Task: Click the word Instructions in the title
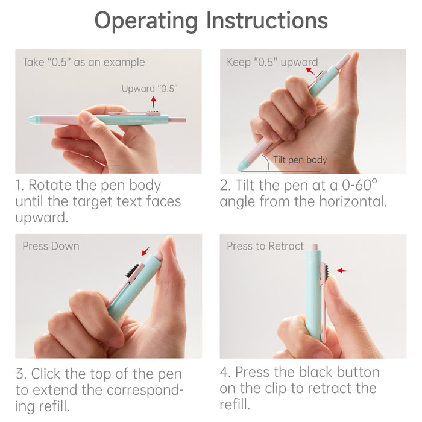coord(267,20)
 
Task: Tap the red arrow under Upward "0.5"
coord(153,102)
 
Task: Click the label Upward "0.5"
coord(150,88)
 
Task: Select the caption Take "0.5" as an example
coord(84,62)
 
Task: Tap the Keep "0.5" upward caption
coord(272,62)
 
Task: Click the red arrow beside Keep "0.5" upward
coord(310,71)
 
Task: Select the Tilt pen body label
coord(300,160)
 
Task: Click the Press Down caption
coord(51,246)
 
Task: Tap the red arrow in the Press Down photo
coord(146,251)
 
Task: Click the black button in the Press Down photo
coord(132,270)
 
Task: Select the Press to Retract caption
coord(265,246)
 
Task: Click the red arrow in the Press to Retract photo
coord(343,271)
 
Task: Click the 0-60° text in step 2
coord(359,185)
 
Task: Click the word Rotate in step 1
coord(50,185)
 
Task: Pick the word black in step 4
coord(316,372)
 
